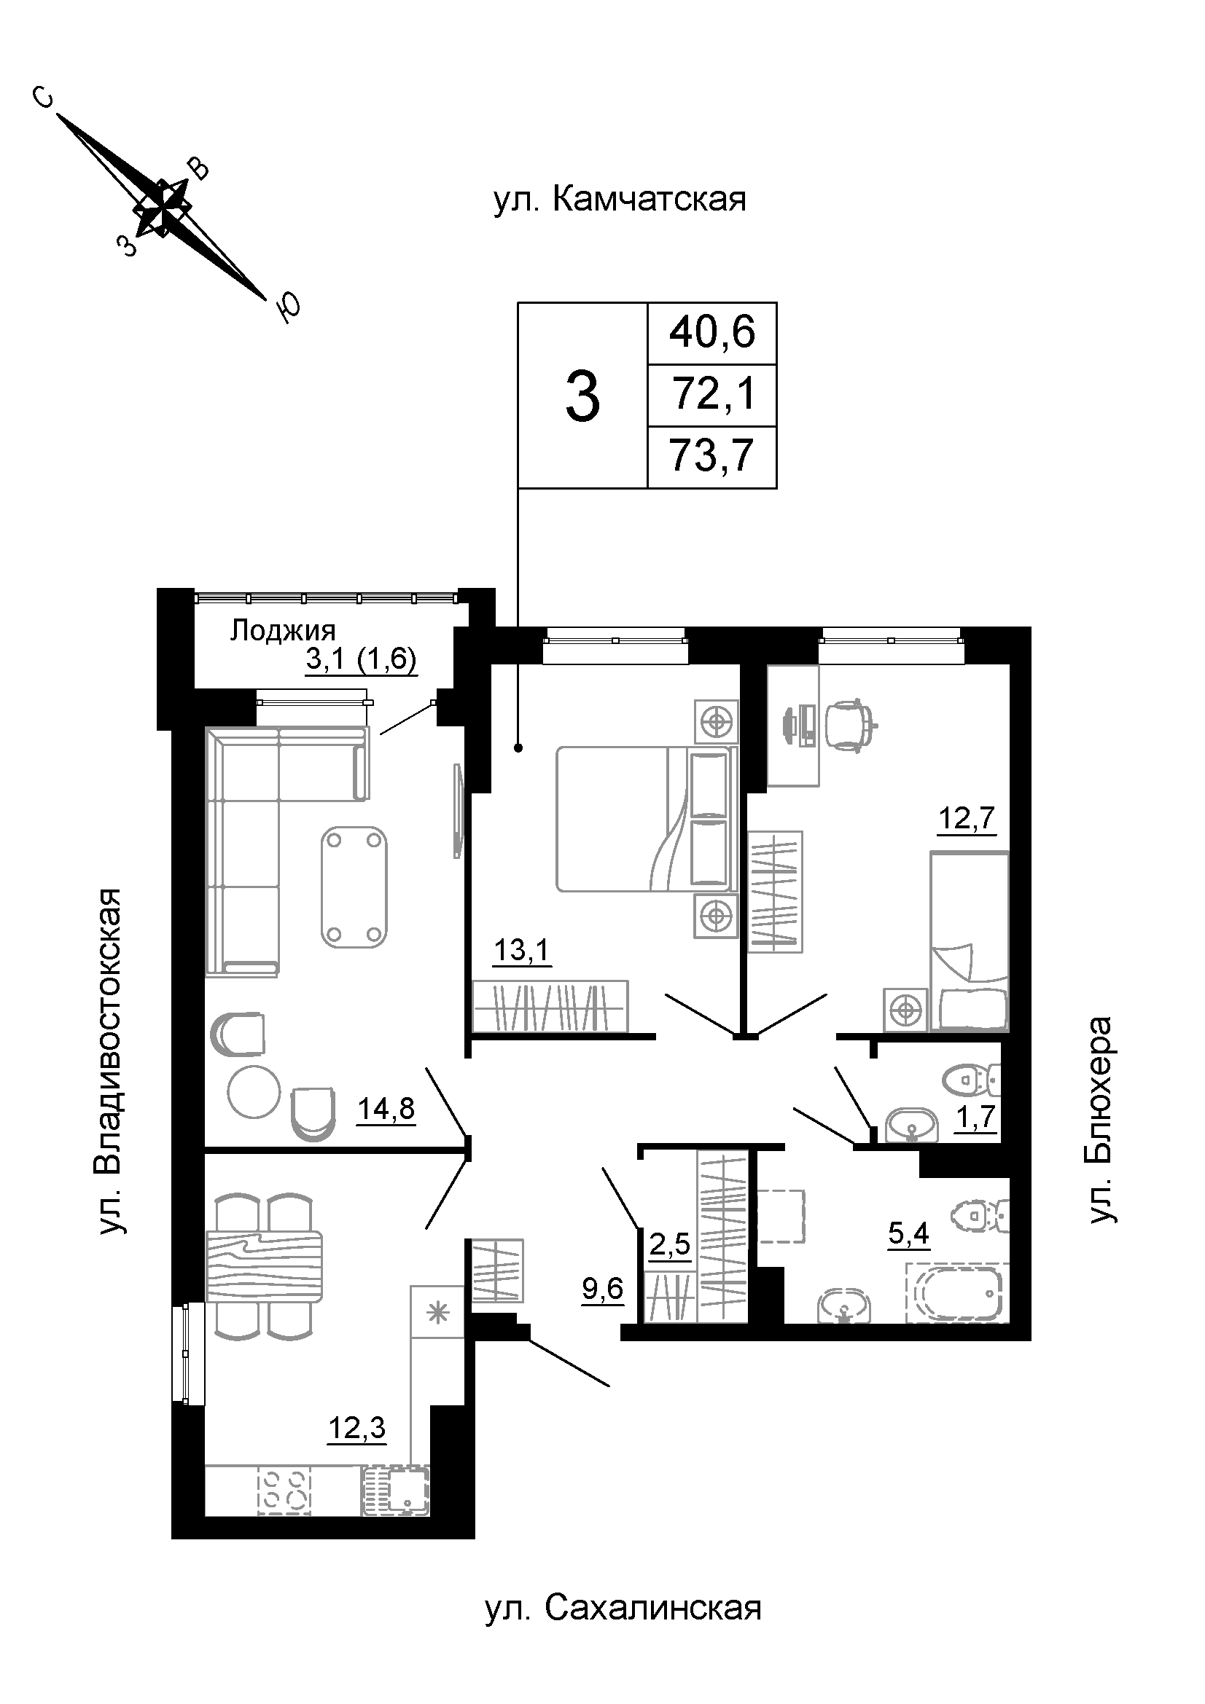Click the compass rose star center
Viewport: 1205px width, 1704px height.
pyautogui.click(x=163, y=207)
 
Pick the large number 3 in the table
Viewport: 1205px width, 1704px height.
pyautogui.click(x=583, y=398)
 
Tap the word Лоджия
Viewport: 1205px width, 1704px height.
pyautogui.click(x=283, y=630)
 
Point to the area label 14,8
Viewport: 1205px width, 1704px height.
pyautogui.click(x=386, y=1109)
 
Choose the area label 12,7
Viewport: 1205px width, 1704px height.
pyautogui.click(x=967, y=819)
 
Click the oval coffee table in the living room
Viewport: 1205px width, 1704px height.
pyautogui.click(x=355, y=887)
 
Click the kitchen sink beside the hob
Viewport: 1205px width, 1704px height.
pyautogui.click(x=397, y=1491)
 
